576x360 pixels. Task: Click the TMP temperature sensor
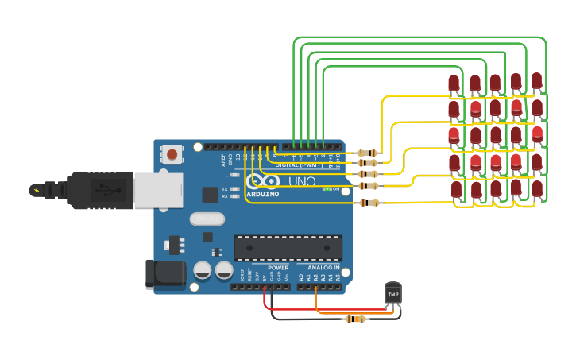click(x=392, y=293)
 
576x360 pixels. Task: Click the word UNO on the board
click(x=301, y=182)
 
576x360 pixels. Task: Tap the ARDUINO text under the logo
click(x=262, y=194)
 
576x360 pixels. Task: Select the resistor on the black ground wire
click(x=355, y=319)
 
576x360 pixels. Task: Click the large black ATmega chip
click(x=288, y=247)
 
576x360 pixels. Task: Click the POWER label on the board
click(x=278, y=268)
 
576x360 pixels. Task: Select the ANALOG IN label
click(x=323, y=268)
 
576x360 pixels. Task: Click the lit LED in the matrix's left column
click(x=454, y=135)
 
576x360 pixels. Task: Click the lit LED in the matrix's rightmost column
click(x=537, y=133)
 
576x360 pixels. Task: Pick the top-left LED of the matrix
click(x=454, y=83)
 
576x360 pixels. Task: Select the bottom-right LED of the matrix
click(x=537, y=188)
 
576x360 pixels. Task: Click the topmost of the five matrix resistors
click(x=367, y=153)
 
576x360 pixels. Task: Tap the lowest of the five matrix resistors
click(x=369, y=203)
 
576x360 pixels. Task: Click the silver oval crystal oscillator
click(x=207, y=219)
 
